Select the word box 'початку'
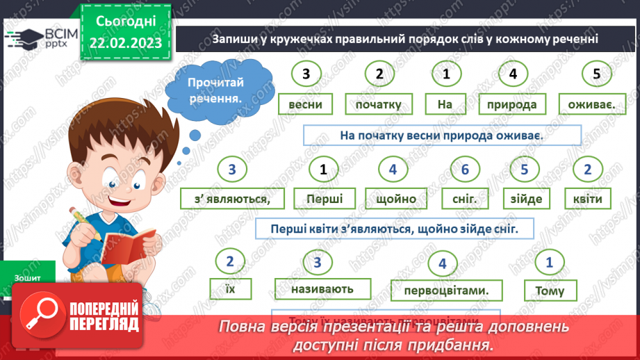(x=378, y=105)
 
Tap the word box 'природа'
(x=512, y=105)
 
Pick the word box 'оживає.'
(x=590, y=105)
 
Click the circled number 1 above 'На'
(x=446, y=74)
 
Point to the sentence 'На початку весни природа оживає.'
(x=441, y=136)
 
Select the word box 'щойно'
(x=395, y=199)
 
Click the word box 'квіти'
(x=588, y=199)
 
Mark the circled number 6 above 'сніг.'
(x=465, y=169)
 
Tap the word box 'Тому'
(x=550, y=291)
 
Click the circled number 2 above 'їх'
(x=229, y=261)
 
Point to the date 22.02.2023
(x=125, y=42)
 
